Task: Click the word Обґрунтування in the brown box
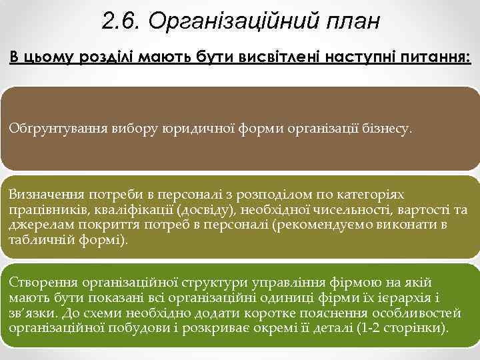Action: (x=51, y=129)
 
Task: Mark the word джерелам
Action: (x=37, y=225)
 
